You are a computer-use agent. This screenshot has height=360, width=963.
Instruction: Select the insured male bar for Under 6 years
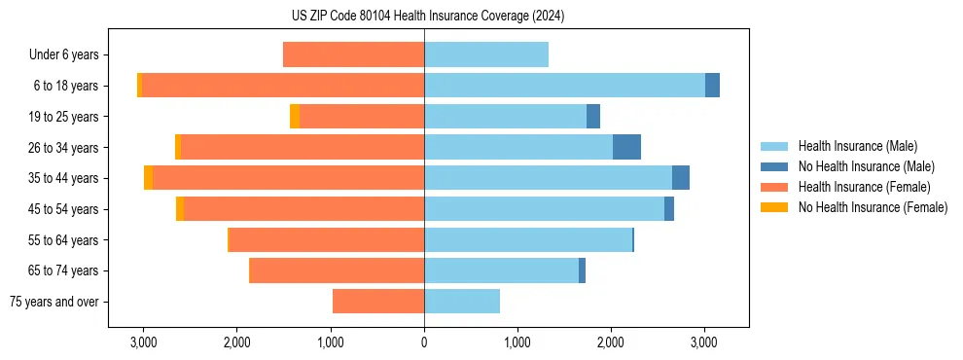coord(486,54)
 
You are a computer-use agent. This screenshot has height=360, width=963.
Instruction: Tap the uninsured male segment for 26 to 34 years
coord(626,147)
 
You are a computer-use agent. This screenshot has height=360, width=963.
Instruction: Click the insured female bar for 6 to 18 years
coord(282,86)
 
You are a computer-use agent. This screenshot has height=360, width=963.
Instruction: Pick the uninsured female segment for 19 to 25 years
coord(295,117)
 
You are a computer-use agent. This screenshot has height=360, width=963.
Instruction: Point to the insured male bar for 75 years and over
coord(462,302)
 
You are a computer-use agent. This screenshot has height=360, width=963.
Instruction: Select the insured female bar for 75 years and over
coord(378,302)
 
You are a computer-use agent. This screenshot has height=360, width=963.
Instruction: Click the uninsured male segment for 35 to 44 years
coord(681,178)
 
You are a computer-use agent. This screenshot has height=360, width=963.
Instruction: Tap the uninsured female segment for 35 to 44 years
coord(148,178)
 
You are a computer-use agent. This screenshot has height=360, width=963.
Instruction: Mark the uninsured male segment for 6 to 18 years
coord(712,86)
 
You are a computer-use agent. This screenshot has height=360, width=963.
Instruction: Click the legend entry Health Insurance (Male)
coord(857,147)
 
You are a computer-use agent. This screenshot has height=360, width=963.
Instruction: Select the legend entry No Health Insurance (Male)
coord(866,167)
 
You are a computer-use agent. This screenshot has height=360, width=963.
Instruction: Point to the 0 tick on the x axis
coord(424,342)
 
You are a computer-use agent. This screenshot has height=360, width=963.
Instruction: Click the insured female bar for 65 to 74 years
coord(337,270)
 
